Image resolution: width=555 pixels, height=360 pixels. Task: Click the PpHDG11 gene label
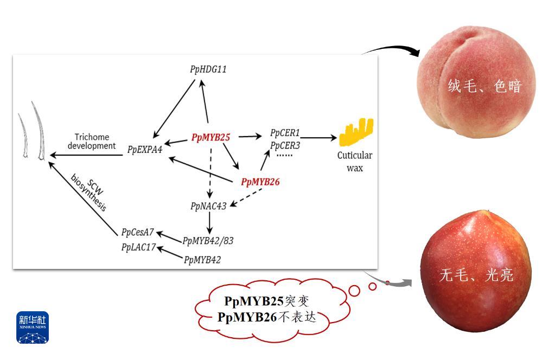click(x=208, y=69)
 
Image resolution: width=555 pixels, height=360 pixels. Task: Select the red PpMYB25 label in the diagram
click(x=210, y=138)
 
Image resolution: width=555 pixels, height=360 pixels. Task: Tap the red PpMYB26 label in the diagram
click(x=260, y=182)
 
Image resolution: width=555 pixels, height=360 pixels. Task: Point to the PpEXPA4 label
click(x=145, y=150)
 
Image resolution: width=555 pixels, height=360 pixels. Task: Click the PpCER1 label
click(x=285, y=133)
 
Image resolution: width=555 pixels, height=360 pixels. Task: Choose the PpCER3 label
click(x=285, y=145)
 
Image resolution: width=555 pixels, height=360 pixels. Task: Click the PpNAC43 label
click(x=208, y=206)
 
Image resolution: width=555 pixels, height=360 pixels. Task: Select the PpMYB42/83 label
click(x=208, y=240)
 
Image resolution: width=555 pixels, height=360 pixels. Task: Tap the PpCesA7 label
click(x=137, y=232)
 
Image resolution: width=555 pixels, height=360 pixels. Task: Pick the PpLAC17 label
click(x=138, y=248)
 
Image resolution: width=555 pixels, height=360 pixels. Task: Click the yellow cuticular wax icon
click(x=356, y=133)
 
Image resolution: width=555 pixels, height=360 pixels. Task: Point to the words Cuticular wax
click(x=355, y=162)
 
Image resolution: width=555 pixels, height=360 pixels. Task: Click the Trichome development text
click(x=95, y=142)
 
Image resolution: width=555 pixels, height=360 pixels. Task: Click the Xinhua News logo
click(x=33, y=327)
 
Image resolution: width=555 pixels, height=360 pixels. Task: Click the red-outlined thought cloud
click(x=266, y=309)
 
